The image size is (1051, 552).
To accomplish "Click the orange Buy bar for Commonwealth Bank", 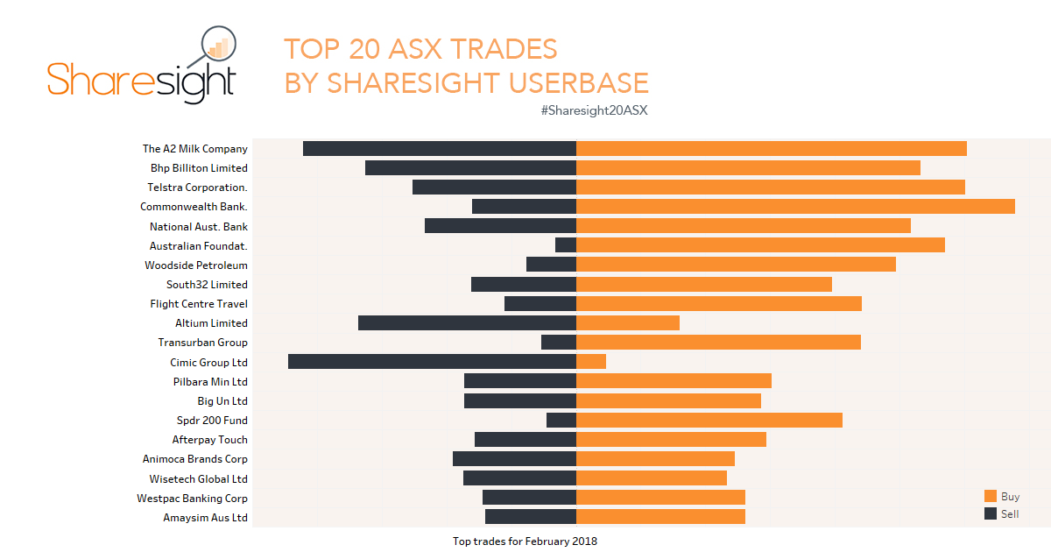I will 795,207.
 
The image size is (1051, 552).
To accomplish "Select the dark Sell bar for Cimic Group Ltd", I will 432,362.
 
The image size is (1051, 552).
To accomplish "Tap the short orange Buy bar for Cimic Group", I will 591,362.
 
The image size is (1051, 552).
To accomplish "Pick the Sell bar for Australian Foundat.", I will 566,245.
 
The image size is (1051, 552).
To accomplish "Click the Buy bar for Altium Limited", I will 628,323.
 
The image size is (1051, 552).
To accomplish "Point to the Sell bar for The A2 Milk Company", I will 440,149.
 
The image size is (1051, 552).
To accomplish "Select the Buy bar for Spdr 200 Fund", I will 709,421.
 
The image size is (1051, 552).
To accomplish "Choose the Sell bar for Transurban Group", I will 559,343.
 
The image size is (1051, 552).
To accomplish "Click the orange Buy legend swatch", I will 991,497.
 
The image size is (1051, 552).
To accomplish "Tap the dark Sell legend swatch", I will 991,514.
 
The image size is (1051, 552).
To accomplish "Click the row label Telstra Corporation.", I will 197,188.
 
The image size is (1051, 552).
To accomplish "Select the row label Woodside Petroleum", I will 196,265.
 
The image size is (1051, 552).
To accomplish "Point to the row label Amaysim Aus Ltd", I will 205,518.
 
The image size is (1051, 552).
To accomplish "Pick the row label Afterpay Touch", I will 209,440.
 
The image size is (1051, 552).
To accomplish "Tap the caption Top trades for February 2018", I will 525,541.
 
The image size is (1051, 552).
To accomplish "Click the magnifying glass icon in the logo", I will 218,46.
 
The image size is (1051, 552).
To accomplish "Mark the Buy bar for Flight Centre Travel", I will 719,304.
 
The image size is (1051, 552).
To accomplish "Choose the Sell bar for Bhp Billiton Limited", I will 470,168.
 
